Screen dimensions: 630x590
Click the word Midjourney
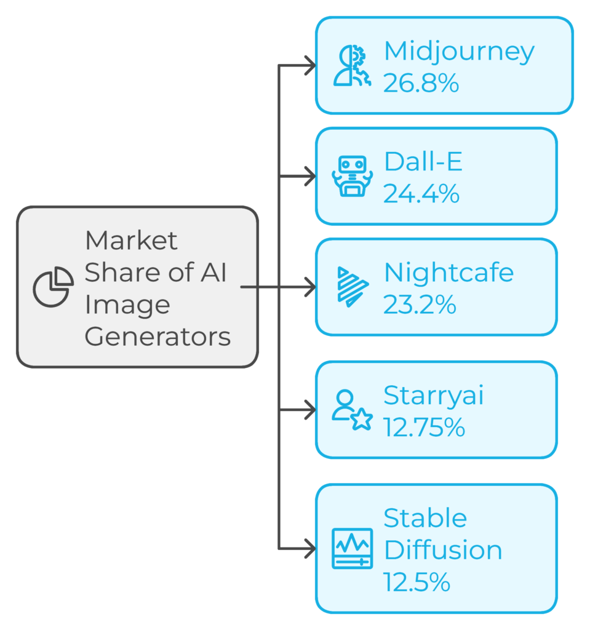pyautogui.click(x=458, y=52)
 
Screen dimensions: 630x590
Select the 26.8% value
pyautogui.click(x=421, y=83)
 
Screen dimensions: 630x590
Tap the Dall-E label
pyautogui.click(x=423, y=162)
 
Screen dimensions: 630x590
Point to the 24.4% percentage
pyautogui.click(x=421, y=194)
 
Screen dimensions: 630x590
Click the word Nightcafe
pyautogui.click(x=448, y=273)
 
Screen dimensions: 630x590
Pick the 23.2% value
pyautogui.click(x=420, y=305)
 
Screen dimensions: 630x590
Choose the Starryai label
pyautogui.click(x=433, y=396)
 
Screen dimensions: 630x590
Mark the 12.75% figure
pyautogui.click(x=424, y=427)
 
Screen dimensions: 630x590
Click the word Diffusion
pyautogui.click(x=442, y=550)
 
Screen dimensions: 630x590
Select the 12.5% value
pyautogui.click(x=417, y=582)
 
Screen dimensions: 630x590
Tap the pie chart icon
pyautogui.click(x=54, y=287)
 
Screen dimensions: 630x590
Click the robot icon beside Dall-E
pyautogui.click(x=352, y=176)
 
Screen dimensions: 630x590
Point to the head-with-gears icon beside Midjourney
pyautogui.click(x=352, y=65)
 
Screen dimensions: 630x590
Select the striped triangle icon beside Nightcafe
pyautogui.click(x=353, y=287)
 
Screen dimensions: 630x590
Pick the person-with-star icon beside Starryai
pyautogui.click(x=352, y=410)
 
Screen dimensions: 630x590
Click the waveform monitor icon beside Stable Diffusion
pyautogui.click(x=352, y=548)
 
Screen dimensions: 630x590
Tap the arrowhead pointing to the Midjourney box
pyautogui.click(x=310, y=65)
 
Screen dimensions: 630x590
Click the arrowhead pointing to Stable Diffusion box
pyautogui.click(x=310, y=548)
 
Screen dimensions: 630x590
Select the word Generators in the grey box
pyautogui.click(x=157, y=337)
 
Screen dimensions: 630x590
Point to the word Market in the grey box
pyautogui.click(x=131, y=241)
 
